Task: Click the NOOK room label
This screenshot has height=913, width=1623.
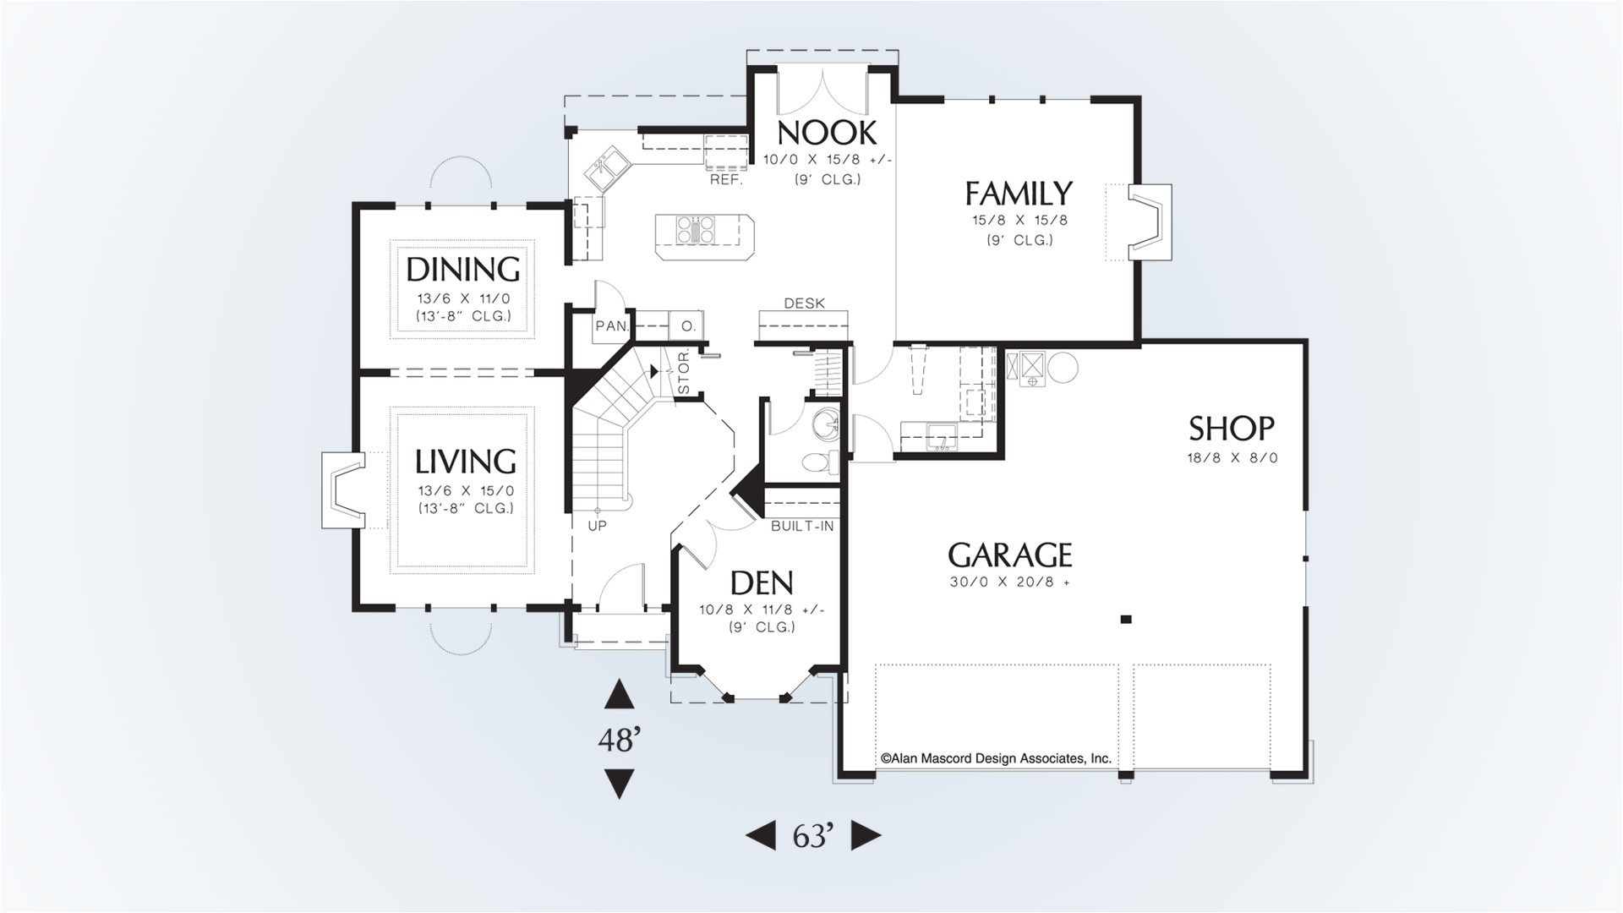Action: click(x=828, y=133)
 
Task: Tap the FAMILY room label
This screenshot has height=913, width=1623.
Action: click(x=1019, y=194)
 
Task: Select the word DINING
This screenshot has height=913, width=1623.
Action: click(x=463, y=270)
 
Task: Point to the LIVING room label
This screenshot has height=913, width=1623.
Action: click(x=465, y=462)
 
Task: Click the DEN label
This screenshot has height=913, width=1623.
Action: click(x=762, y=582)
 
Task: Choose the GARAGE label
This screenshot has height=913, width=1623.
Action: click(x=1010, y=555)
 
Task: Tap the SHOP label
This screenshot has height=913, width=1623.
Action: click(x=1232, y=429)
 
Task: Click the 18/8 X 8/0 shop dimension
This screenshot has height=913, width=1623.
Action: click(x=1232, y=458)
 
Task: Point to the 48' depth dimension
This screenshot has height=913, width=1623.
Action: click(x=619, y=741)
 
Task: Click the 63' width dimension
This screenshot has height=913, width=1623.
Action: click(x=813, y=836)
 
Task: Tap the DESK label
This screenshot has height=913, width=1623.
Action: click(x=805, y=303)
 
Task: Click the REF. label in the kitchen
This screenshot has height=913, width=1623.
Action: click(x=726, y=180)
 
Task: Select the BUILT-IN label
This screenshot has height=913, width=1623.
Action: click(x=802, y=526)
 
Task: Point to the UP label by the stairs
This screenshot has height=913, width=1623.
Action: click(x=597, y=526)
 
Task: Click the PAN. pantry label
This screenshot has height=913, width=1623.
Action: click(x=611, y=325)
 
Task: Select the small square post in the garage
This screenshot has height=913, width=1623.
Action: click(x=1126, y=620)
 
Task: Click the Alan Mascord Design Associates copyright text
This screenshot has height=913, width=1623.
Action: click(x=996, y=759)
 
